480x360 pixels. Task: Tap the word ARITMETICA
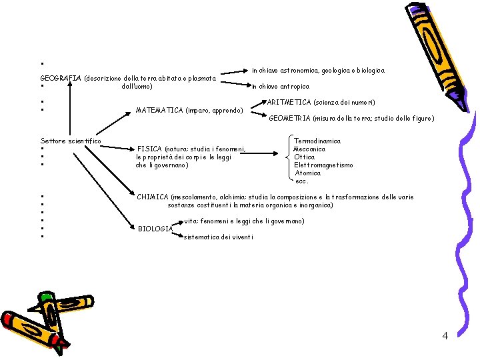pyautogui.click(x=287, y=103)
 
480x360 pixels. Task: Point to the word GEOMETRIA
pyautogui.click(x=289, y=119)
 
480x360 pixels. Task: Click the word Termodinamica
pyautogui.click(x=317, y=141)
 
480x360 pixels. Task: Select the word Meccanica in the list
pyautogui.click(x=310, y=149)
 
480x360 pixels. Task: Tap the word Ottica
pyautogui.click(x=305, y=157)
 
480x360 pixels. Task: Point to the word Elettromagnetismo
pyautogui.click(x=323, y=165)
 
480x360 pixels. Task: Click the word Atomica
pyautogui.click(x=307, y=173)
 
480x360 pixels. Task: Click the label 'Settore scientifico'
pyautogui.click(x=71, y=141)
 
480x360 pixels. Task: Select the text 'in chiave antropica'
pyautogui.click(x=280, y=87)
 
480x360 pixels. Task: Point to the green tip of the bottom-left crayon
pyautogui.click(x=45, y=298)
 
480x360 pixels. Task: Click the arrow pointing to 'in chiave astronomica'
pyautogui.click(x=234, y=70)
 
